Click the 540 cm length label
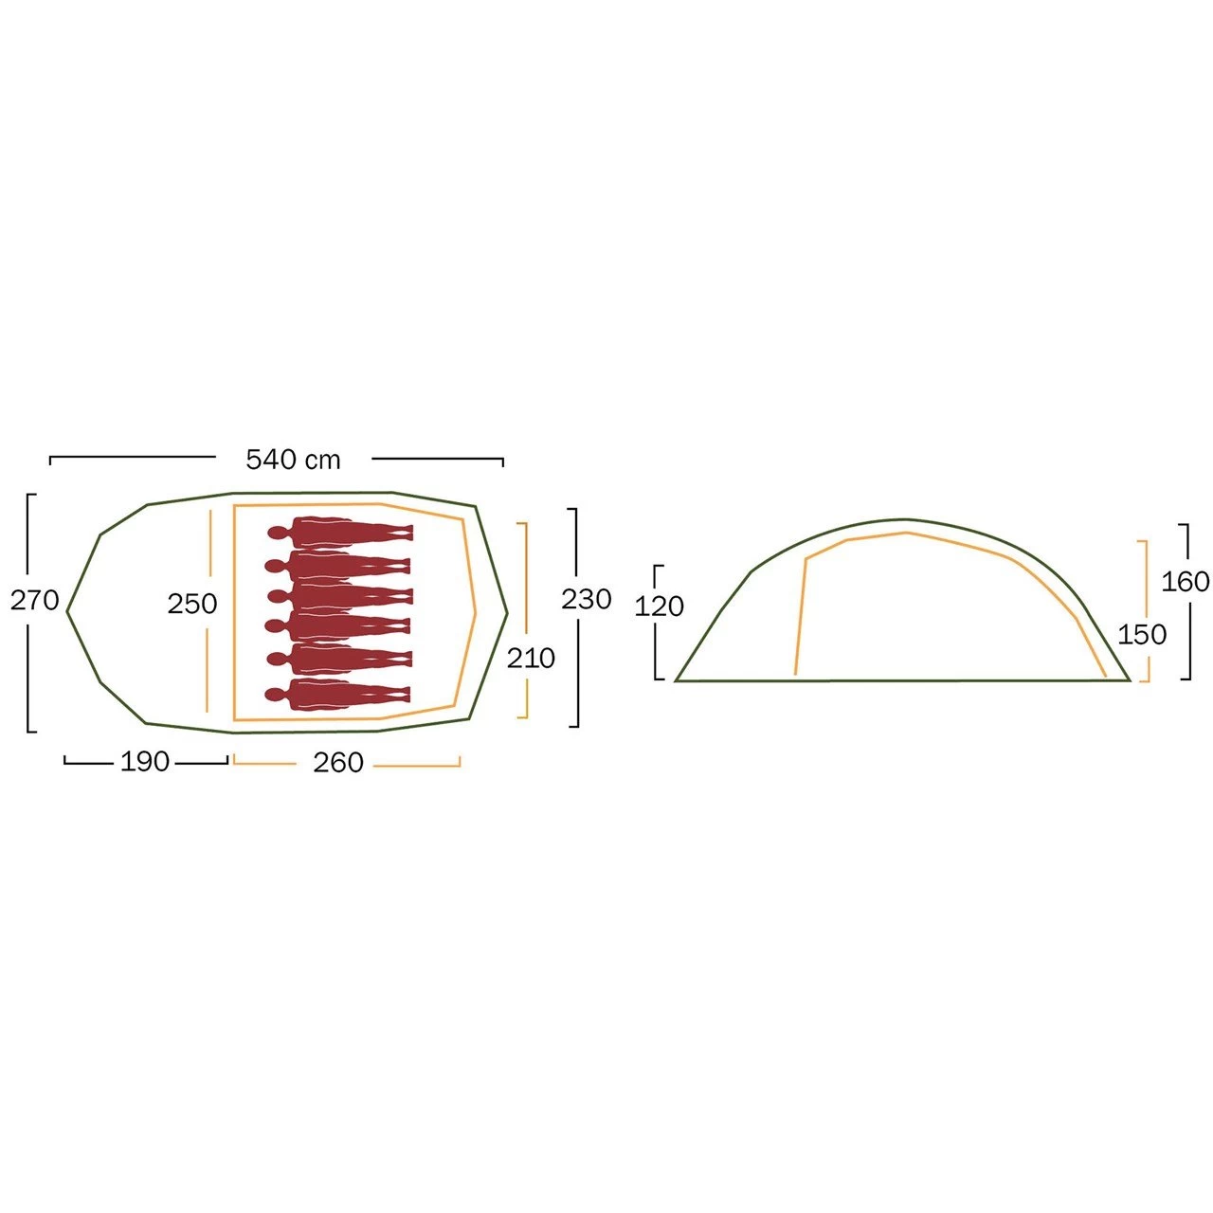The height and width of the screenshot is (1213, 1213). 293,461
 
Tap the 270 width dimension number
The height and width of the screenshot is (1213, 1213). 35,601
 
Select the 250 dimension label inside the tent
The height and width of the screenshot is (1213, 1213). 192,604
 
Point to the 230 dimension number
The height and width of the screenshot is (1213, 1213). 586,599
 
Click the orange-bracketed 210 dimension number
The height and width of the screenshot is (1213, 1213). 531,659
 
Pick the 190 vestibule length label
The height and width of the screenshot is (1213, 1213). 145,762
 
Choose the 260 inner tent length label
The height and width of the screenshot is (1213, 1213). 338,762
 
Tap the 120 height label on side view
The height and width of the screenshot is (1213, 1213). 659,606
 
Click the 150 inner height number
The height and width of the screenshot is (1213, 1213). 1142,634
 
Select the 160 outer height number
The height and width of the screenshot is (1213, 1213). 1186,582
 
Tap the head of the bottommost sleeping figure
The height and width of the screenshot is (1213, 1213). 275,695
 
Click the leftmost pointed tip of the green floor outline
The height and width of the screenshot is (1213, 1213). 67,610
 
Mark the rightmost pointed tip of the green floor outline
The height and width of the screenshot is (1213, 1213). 507,612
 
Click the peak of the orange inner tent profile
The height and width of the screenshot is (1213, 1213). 907,534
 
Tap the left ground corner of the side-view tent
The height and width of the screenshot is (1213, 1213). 676,680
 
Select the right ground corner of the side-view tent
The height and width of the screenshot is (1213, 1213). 1130,680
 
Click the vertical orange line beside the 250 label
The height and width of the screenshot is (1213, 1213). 208,610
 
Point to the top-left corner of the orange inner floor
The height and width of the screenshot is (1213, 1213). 234,505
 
